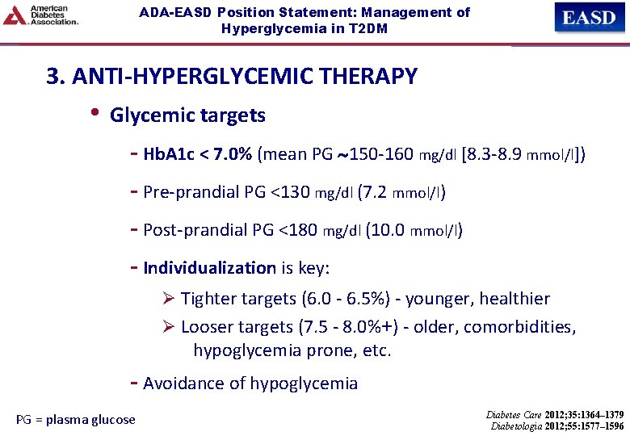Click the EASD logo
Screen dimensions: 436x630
589,17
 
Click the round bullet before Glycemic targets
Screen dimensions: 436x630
95,114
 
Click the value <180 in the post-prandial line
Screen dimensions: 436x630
298,230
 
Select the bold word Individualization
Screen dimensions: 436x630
209,268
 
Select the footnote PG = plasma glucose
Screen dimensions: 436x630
76,419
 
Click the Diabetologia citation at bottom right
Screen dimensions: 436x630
556,426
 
